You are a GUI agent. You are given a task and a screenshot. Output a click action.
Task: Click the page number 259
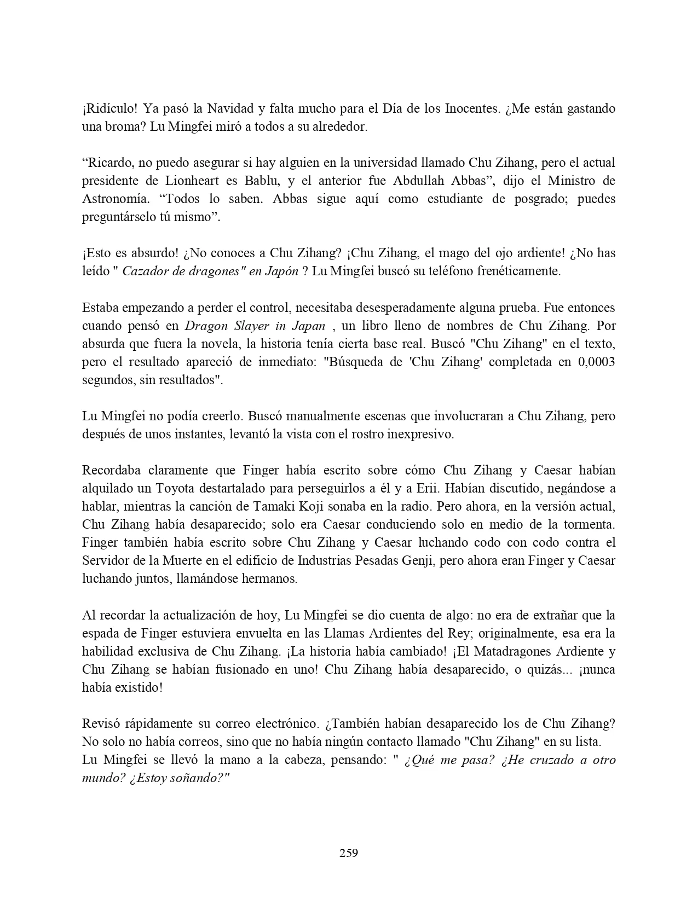[x=349, y=853]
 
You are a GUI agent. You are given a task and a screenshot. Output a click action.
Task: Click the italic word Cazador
[x=143, y=271]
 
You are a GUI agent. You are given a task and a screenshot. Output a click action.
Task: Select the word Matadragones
[x=519, y=651]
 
